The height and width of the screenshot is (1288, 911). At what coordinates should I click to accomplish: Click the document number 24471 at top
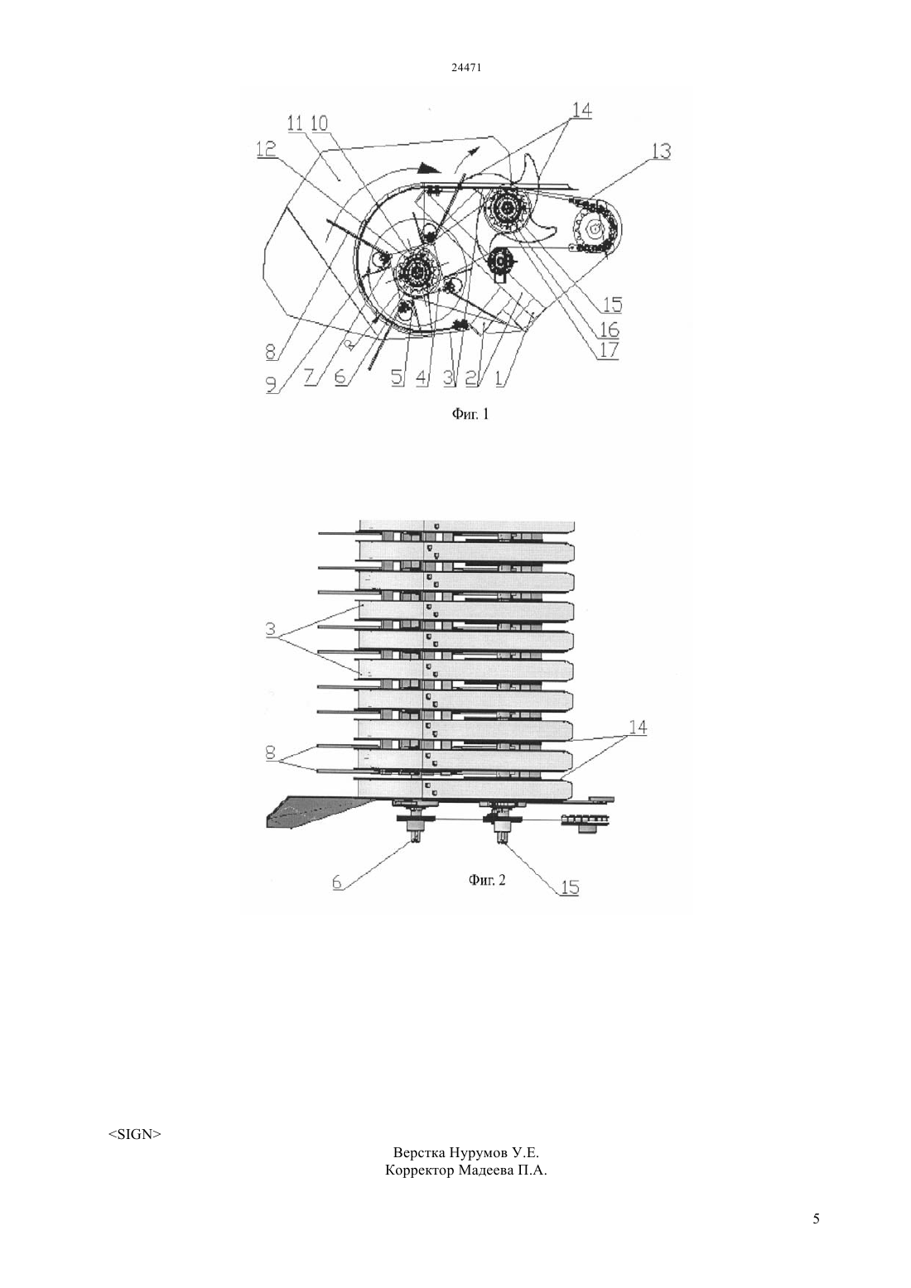click(465, 67)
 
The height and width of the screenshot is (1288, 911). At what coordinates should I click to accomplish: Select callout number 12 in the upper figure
click(267, 150)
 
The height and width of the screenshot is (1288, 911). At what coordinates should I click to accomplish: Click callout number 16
click(610, 329)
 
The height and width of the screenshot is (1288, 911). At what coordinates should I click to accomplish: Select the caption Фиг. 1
click(470, 413)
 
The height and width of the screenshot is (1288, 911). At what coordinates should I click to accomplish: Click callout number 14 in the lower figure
click(637, 728)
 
